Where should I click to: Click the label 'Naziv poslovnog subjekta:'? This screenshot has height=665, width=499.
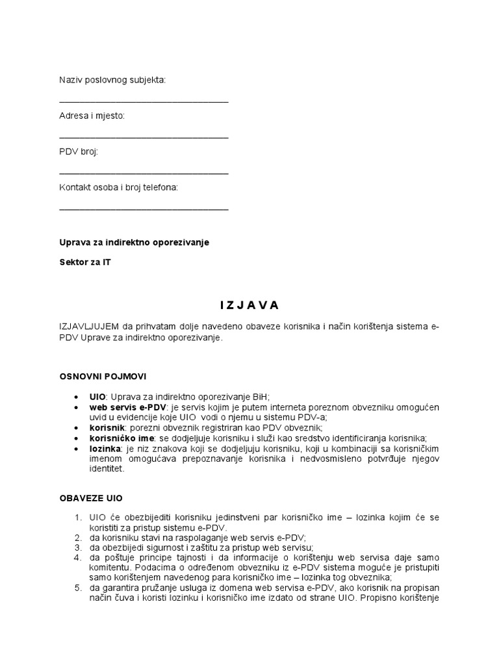tap(112, 80)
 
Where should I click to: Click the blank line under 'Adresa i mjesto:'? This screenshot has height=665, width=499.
tap(144, 138)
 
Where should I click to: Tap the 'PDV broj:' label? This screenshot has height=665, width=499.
tap(79, 151)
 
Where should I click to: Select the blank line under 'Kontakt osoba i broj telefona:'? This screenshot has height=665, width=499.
tap(144, 209)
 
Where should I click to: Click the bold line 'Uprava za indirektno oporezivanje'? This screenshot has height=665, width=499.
tap(134, 242)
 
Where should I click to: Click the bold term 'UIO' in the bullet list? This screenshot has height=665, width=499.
tap(97, 397)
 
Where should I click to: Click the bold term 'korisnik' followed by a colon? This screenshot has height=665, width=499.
tap(107, 428)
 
